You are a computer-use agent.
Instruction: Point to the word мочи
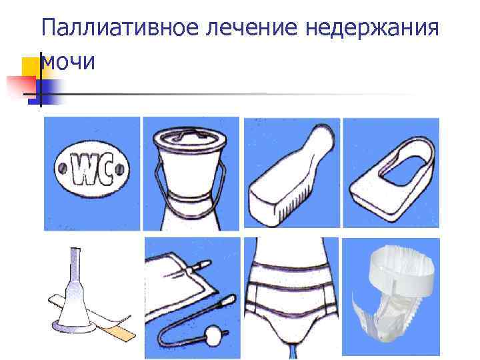[68, 61]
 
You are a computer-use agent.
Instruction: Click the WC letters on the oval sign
[92, 169]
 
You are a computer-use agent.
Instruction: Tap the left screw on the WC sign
[63, 168]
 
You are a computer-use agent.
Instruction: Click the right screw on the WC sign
[120, 169]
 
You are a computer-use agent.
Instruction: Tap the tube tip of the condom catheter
[75, 255]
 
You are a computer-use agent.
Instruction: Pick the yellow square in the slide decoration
[31, 67]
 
